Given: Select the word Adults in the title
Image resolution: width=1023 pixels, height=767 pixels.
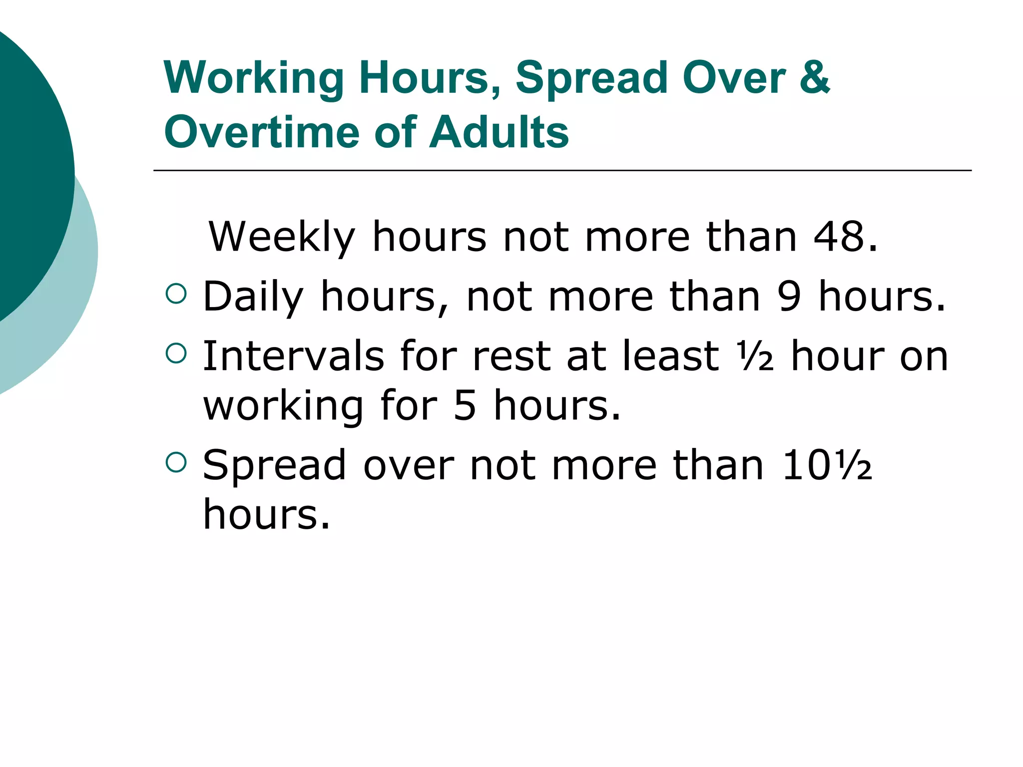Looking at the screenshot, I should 499,132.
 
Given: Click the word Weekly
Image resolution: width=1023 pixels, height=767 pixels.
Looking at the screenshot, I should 282,237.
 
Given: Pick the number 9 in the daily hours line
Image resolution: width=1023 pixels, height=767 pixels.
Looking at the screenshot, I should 789,297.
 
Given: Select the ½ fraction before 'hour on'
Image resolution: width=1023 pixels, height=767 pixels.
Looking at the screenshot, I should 757,357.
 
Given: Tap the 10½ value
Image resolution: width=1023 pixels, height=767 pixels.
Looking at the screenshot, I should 827,465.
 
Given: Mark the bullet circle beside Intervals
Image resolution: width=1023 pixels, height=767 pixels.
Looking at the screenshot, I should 176,353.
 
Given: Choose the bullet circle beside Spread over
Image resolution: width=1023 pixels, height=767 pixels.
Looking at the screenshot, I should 176,462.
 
